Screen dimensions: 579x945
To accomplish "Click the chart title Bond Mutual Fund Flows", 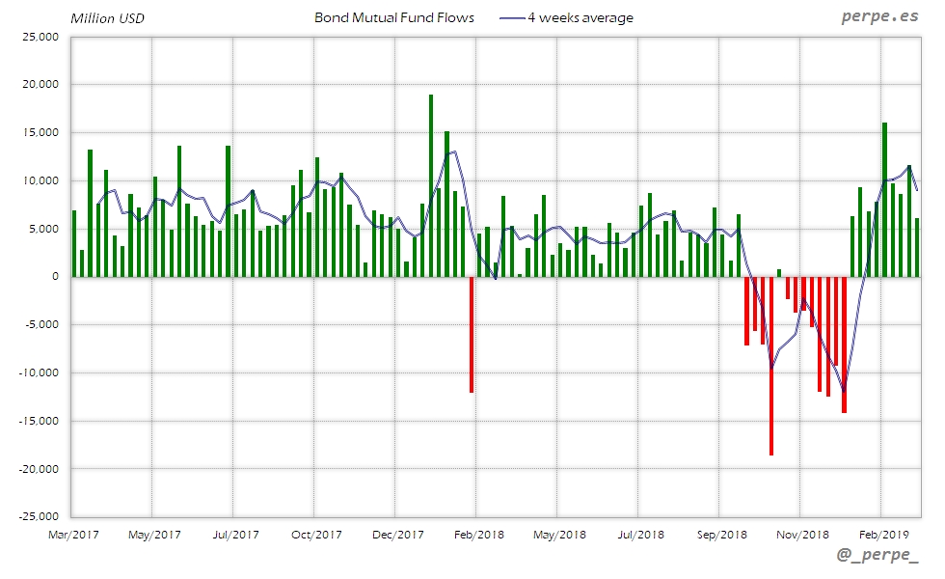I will pyautogui.click(x=393, y=17).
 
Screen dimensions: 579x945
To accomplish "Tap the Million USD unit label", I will pyautogui.click(x=107, y=18).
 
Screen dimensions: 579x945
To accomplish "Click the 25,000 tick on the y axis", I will pyautogui.click(x=40, y=37).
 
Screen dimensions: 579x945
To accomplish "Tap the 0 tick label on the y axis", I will pyautogui.click(x=55, y=277).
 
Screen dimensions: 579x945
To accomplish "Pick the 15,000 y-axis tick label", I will pyautogui.click(x=40, y=132).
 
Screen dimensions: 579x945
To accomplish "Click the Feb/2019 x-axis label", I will pyautogui.click(x=884, y=534).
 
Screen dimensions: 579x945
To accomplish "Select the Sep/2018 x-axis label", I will pyautogui.click(x=721, y=534).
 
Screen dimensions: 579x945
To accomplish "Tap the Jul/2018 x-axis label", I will pyautogui.click(x=639, y=534).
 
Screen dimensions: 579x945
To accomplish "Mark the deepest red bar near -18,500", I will pyautogui.click(x=771, y=367).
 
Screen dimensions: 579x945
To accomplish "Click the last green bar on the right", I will pyautogui.click(x=917, y=247).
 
